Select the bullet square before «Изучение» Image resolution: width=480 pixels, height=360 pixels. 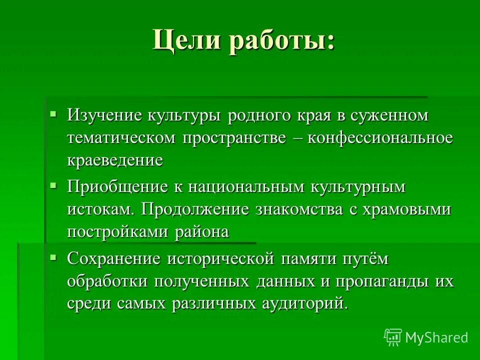click(x=53, y=113)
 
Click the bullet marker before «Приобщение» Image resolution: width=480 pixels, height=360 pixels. click(x=53, y=185)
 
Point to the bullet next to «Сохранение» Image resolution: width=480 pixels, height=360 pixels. click(x=53, y=257)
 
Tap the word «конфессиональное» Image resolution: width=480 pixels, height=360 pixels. click(x=380, y=138)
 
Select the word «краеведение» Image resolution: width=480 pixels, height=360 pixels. click(x=115, y=160)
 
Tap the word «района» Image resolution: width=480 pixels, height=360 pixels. click(x=202, y=232)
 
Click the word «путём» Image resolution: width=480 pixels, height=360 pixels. click(x=364, y=259)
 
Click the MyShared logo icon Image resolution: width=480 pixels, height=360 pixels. click(x=393, y=337)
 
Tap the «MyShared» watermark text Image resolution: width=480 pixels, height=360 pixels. click(x=436, y=337)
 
